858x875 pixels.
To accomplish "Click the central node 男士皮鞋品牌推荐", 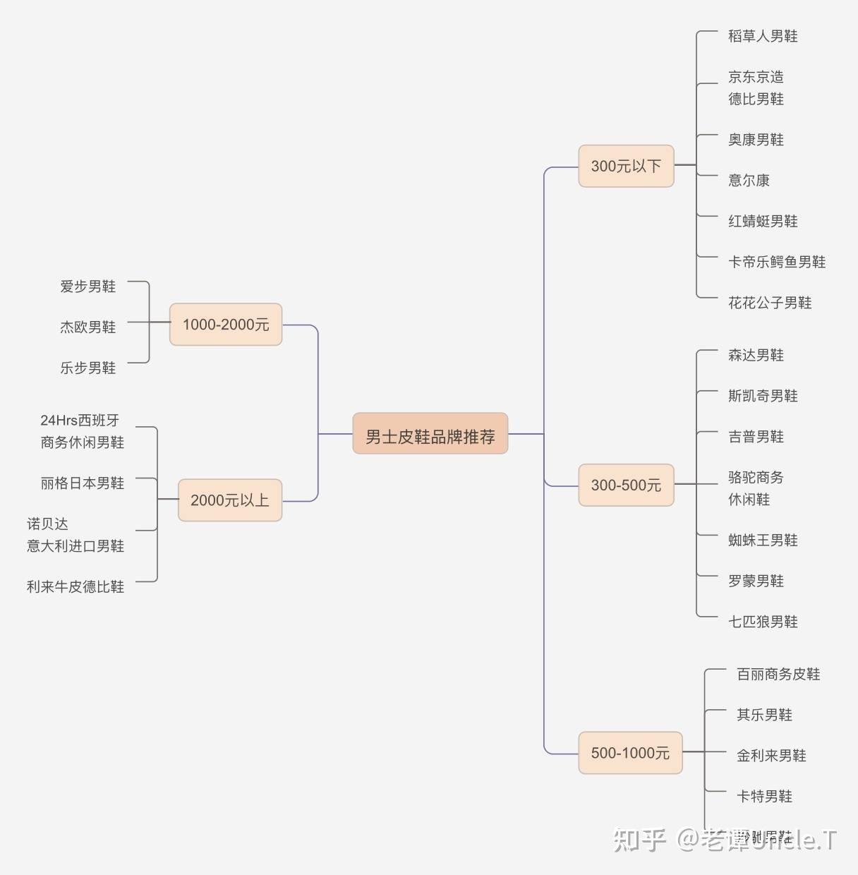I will (430, 434).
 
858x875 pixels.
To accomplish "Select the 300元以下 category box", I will (626, 166).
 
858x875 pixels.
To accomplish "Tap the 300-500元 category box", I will (626, 485).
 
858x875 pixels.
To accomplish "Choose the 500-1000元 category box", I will (630, 753).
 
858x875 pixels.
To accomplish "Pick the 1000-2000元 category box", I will (226, 325).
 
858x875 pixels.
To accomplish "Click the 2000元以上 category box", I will (229, 500).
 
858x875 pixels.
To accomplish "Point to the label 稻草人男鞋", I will (763, 36).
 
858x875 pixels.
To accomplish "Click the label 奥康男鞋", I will (756, 140).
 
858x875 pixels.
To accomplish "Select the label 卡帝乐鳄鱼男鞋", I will (777, 262).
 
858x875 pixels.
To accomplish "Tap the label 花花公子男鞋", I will (770, 303).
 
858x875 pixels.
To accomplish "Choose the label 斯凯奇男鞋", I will (763, 396).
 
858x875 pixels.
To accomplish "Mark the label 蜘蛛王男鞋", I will (763, 540).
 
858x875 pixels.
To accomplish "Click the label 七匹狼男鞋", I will (763, 622).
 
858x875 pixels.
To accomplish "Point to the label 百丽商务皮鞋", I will (778, 674).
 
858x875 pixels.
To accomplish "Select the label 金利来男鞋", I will (771, 756).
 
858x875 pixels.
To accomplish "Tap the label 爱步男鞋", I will (87, 286).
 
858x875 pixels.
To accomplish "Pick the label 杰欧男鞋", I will (87, 327).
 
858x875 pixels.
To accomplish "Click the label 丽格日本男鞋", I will (82, 483).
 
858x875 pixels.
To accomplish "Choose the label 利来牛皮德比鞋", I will (75, 586).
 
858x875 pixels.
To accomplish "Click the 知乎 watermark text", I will (639, 840).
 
